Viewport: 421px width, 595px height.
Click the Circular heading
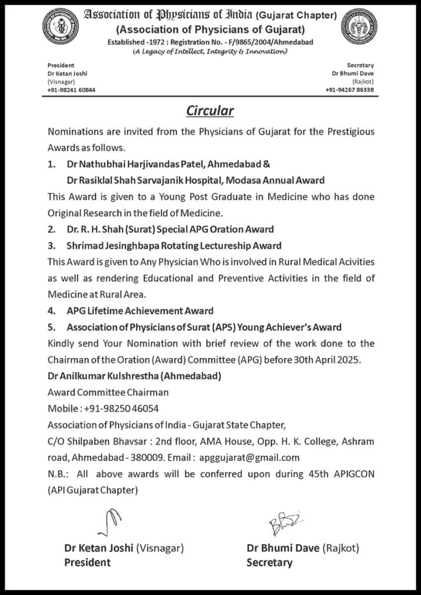210,110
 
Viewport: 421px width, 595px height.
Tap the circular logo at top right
359,27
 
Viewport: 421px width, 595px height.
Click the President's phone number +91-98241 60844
72,90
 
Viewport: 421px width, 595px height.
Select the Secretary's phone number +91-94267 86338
349,90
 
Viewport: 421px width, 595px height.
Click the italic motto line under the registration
210,52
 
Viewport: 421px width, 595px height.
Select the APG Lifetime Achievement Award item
140,311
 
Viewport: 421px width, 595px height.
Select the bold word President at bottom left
87,562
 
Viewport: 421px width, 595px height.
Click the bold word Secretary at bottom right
269,562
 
